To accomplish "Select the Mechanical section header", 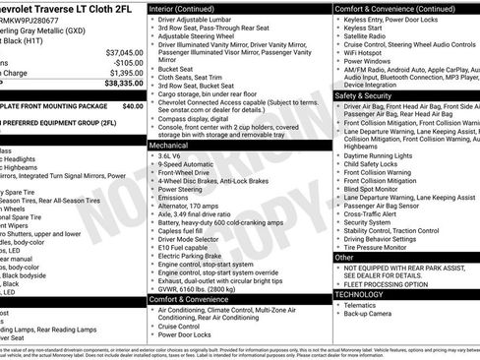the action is click(x=169, y=144).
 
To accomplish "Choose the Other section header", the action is click(x=344, y=257).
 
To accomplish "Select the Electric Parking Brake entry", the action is click(x=196, y=256).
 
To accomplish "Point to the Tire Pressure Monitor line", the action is click(x=380, y=246).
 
